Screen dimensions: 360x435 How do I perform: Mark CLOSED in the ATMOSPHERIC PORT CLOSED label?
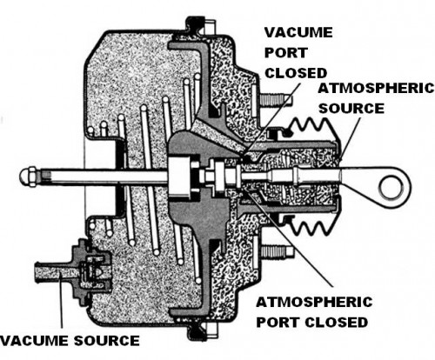click(x=335, y=320)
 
